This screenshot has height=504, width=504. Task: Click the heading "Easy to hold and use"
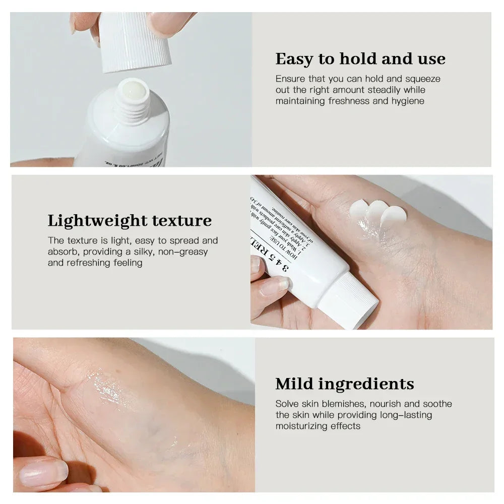360,59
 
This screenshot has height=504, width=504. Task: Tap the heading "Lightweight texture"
130,221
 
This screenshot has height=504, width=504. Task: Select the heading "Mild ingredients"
345,384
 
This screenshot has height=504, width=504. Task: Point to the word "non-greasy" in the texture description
182,251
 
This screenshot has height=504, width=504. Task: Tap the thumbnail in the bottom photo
43,473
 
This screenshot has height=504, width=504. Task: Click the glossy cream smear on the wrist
106,388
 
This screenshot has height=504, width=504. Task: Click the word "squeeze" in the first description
423,79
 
